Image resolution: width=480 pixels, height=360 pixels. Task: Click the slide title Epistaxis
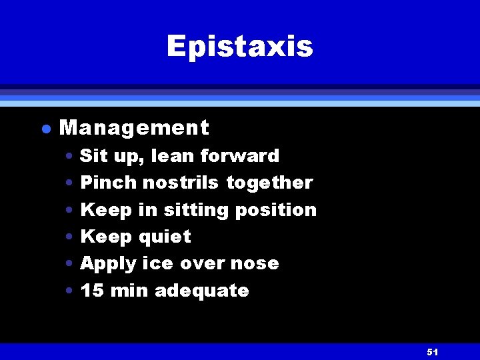point(239,47)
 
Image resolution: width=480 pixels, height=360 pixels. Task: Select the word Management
point(134,127)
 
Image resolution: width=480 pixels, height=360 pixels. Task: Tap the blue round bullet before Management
point(44,129)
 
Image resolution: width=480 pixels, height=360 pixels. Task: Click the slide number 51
point(432,351)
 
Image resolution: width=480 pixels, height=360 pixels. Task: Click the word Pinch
point(108,183)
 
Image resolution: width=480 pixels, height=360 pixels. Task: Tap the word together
point(269,183)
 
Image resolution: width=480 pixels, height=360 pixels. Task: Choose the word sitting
point(193,210)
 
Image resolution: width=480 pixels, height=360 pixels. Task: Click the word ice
point(157,263)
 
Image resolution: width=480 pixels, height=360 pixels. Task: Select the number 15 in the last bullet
point(91,291)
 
